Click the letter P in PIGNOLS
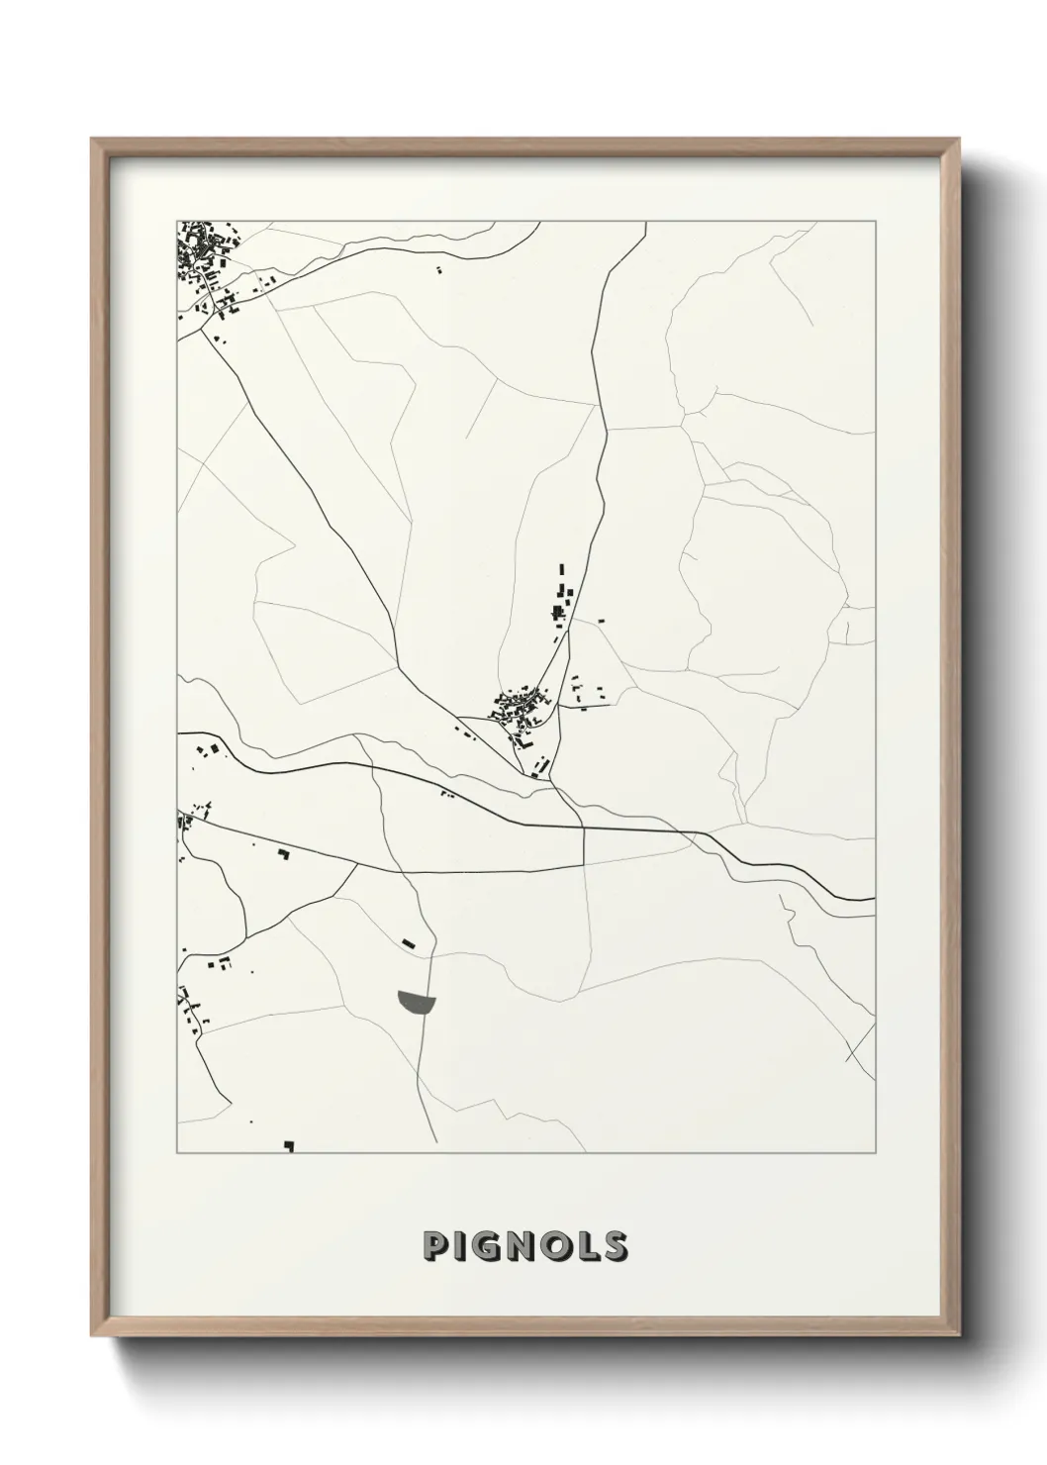[433, 1246]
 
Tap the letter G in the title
[488, 1246]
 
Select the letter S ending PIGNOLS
[613, 1246]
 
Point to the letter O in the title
[554, 1246]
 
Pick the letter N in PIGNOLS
[522, 1246]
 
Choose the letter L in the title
[585, 1246]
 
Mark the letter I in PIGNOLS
[459, 1246]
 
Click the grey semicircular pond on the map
[416, 1001]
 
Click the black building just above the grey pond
[408, 941]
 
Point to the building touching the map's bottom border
[289, 1146]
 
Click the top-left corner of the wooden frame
[92, 140]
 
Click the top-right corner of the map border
[875, 221]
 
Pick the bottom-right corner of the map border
[875, 1152]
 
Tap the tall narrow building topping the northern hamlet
[562, 570]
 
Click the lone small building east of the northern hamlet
[602, 621]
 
